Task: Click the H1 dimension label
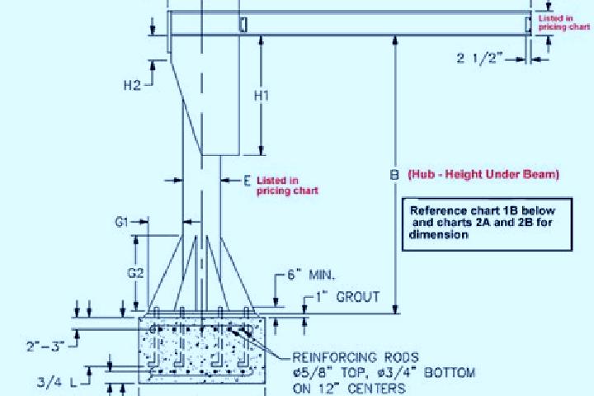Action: [x=262, y=96]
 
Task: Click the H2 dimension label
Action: [x=132, y=85]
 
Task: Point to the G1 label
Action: [x=121, y=222]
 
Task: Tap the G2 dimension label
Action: [x=135, y=273]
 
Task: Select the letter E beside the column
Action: [x=247, y=181]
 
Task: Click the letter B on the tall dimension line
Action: [x=394, y=175]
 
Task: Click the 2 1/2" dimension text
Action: [x=480, y=59]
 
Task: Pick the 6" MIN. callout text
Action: [x=311, y=275]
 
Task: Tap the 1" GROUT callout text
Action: [x=348, y=297]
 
